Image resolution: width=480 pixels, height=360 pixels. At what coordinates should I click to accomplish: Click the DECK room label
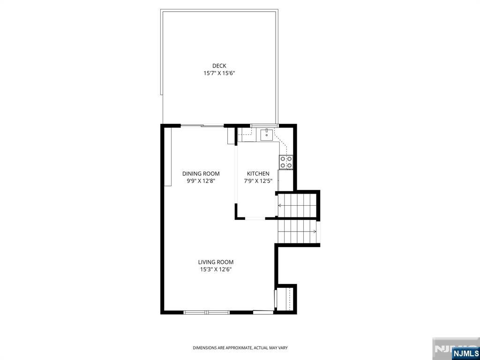point(219,66)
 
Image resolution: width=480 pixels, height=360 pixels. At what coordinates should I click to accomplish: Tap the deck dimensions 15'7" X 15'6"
point(219,74)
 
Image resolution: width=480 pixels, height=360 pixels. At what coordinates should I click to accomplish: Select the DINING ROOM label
point(201,173)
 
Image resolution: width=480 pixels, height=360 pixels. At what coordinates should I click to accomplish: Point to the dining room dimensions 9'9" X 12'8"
point(201,181)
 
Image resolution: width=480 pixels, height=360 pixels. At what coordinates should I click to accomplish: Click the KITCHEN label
point(258,173)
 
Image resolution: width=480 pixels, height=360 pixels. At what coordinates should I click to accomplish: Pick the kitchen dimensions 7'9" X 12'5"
point(258,181)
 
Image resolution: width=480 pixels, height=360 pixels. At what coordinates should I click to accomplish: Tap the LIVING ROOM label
point(216,262)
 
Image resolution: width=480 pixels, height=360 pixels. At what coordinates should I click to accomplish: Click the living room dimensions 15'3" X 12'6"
point(216,270)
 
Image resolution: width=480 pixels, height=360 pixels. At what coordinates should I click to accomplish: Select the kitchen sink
point(267,135)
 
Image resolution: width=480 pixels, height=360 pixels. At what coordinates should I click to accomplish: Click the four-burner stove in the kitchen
point(285,162)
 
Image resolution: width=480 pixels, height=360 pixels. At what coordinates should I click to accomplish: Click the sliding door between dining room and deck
point(202,126)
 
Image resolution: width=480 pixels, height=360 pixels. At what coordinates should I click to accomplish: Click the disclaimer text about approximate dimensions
point(240,348)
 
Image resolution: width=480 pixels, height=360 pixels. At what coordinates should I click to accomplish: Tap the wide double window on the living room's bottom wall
point(206,312)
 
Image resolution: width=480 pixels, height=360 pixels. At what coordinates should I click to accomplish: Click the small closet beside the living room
point(285,299)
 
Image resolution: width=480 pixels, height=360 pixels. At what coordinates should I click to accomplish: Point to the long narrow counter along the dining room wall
point(168,157)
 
